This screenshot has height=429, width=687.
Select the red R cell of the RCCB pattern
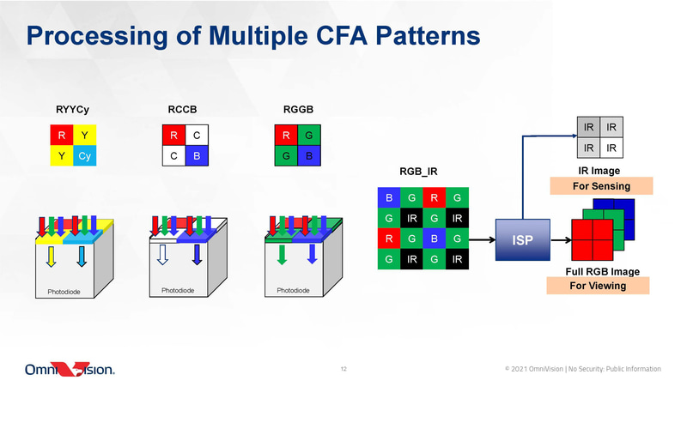pyautogui.click(x=173, y=136)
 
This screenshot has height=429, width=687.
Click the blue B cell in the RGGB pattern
pyautogui.click(x=308, y=157)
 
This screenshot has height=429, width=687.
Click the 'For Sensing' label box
pyautogui.click(x=601, y=185)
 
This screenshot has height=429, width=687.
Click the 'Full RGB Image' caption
pyautogui.click(x=601, y=271)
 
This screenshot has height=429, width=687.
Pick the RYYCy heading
pyautogui.click(x=72, y=110)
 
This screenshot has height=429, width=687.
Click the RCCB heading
pyautogui.click(x=183, y=110)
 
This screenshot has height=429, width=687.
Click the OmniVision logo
pyautogui.click(x=69, y=370)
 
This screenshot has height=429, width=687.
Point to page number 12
pyautogui.click(x=343, y=370)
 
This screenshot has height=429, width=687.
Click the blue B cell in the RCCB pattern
pyautogui.click(x=196, y=157)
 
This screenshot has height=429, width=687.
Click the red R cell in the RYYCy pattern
pyautogui.click(x=62, y=136)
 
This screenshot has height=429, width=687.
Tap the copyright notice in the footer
pyautogui.click(x=583, y=369)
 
